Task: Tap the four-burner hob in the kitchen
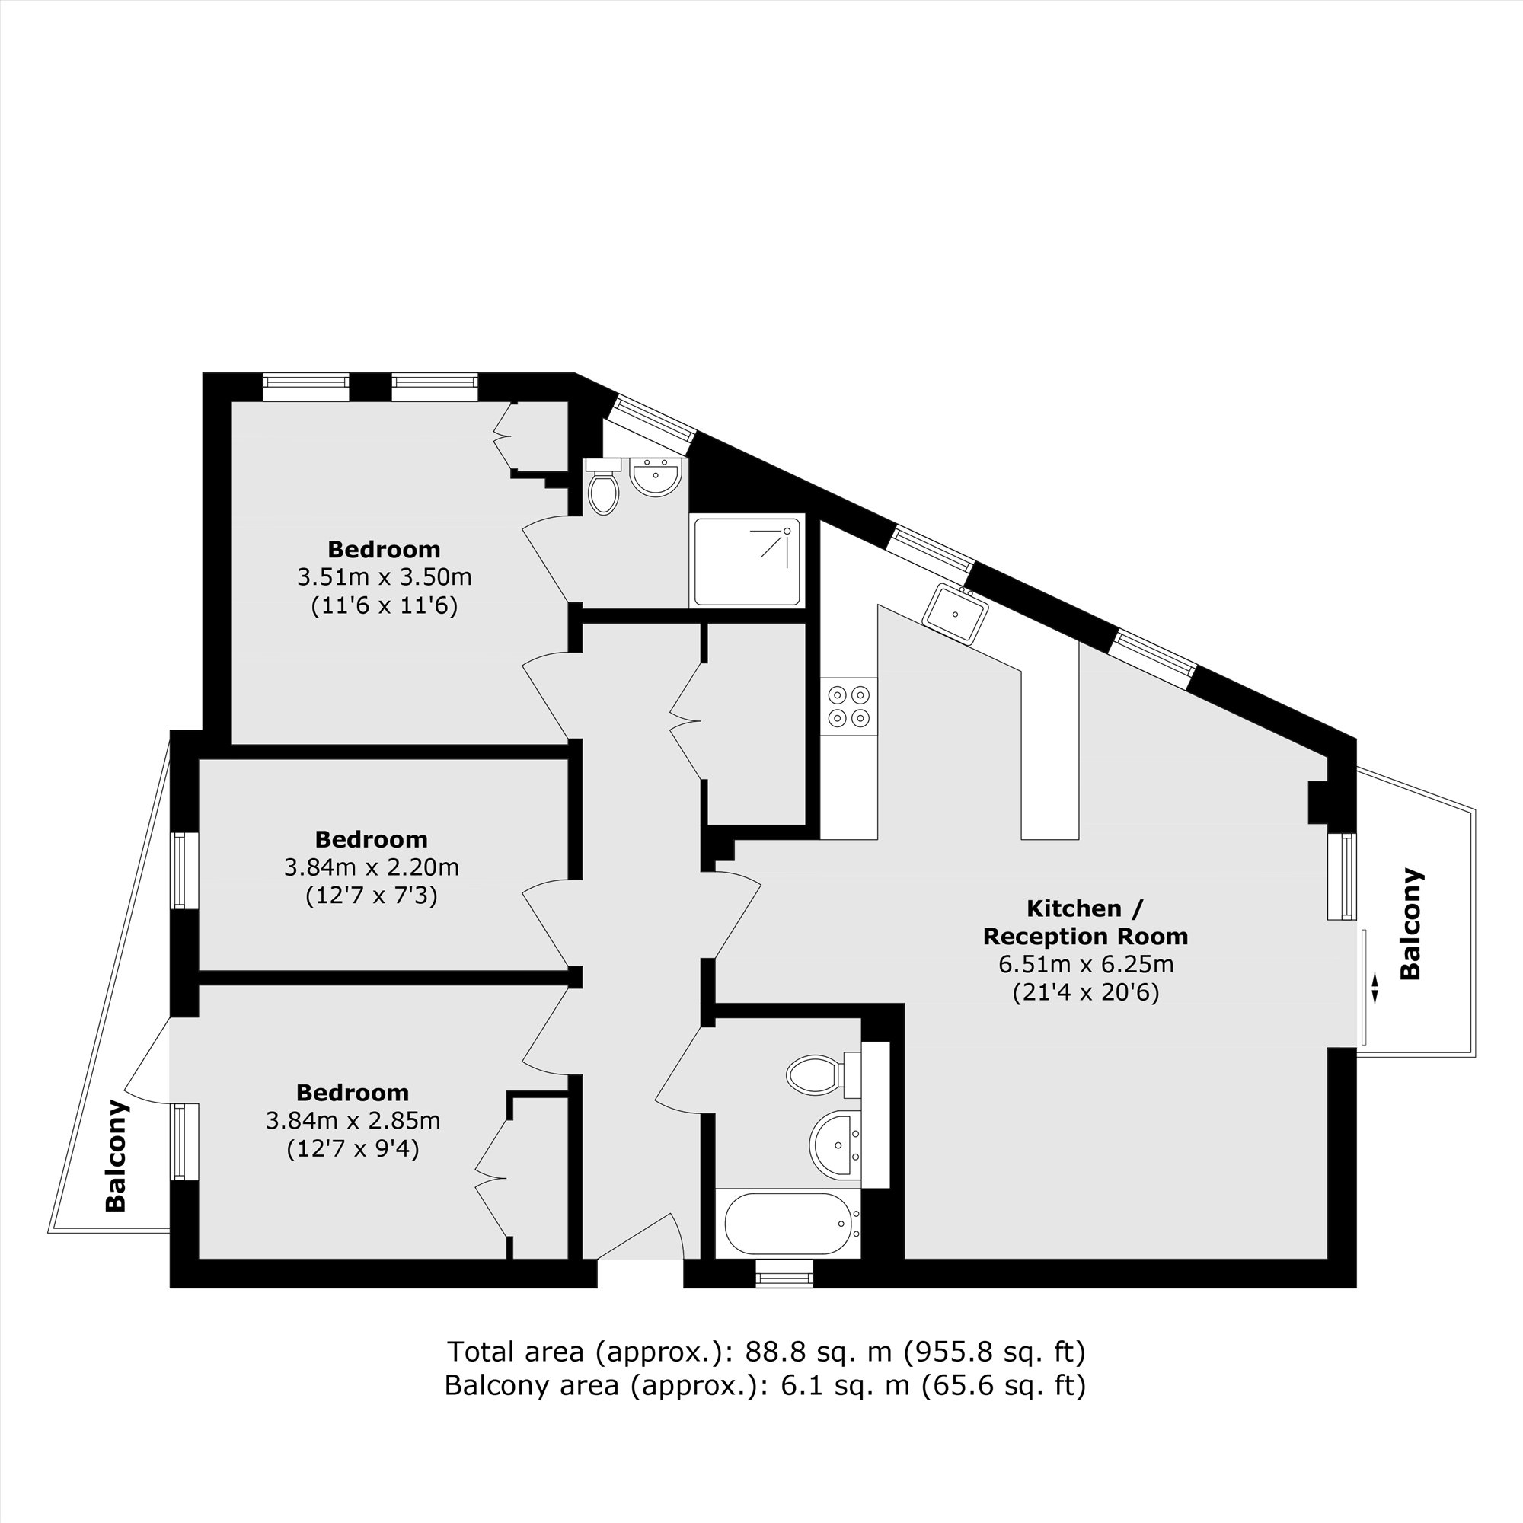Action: [x=848, y=707]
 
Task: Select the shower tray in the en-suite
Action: [x=747, y=560]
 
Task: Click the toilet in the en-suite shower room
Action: [x=603, y=488]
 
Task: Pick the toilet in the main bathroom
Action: [x=816, y=1074]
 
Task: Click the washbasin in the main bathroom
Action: [x=835, y=1145]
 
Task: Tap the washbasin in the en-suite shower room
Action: [x=655, y=477]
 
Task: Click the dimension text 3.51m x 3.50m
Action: [x=385, y=577]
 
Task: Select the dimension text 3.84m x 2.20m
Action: [x=372, y=868]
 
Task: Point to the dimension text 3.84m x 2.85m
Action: [x=353, y=1120]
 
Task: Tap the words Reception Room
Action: [x=1085, y=937]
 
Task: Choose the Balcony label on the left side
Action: [x=116, y=1156]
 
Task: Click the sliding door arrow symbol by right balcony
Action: [x=1375, y=988]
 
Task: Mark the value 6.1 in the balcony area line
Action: [x=797, y=1385]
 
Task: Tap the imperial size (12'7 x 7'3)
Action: [x=372, y=896]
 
